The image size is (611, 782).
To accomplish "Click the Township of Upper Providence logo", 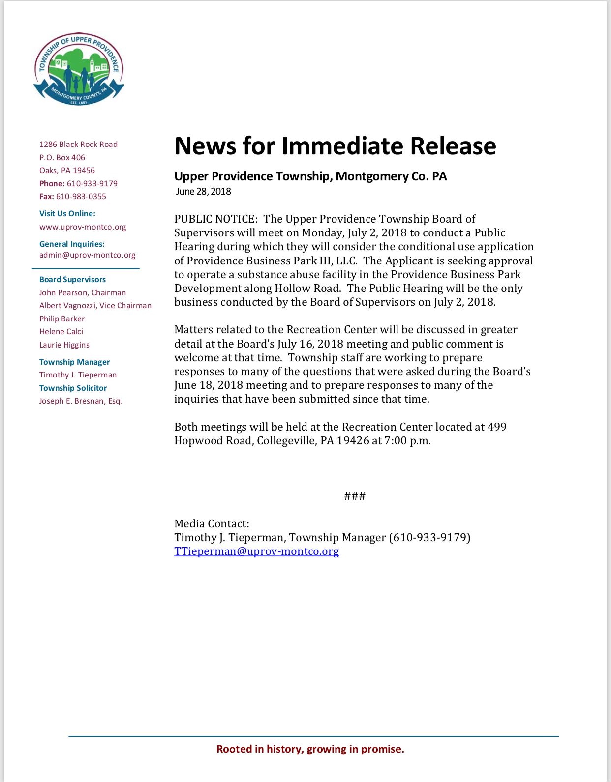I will (79, 69).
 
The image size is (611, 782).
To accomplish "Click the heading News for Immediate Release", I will (335, 146).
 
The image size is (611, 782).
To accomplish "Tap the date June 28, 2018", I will (203, 192).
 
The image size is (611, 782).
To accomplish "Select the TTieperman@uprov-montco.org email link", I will (256, 551).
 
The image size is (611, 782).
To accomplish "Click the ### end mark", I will (355, 496).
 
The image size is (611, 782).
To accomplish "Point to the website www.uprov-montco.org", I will (83, 227).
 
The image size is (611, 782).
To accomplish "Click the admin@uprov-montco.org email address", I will (87, 255).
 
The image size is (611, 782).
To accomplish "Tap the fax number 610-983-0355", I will (81, 197).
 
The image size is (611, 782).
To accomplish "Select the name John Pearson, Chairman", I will (83, 293).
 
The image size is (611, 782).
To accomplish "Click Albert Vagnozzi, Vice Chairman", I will (95, 306).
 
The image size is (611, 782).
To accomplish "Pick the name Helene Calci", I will (61, 332).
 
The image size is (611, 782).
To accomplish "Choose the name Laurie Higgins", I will (64, 345).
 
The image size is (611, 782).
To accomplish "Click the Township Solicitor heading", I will (73, 388).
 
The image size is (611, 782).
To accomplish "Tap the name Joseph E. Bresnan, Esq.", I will (81, 401).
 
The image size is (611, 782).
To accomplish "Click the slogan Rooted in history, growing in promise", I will (310, 749).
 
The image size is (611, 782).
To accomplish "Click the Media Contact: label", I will (212, 524).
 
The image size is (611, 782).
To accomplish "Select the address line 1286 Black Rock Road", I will (78, 145).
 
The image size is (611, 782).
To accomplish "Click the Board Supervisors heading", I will (72, 280).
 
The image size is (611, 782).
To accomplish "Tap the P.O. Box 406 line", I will (62, 158).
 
